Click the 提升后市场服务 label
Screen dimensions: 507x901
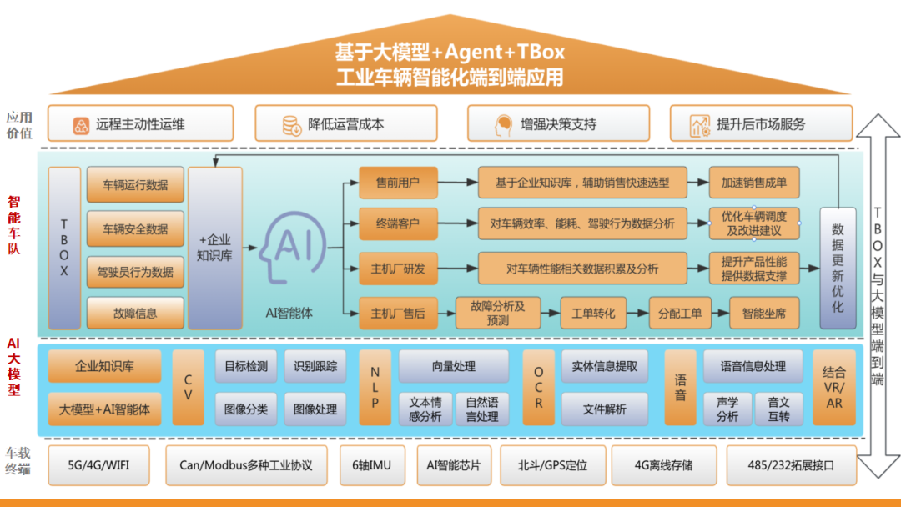tap(760, 124)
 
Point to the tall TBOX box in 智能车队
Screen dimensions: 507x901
tap(64, 248)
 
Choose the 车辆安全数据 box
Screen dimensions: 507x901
tap(134, 228)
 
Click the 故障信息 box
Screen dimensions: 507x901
tap(134, 314)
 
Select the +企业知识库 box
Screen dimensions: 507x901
tap(214, 248)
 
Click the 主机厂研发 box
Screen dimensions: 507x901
tap(398, 269)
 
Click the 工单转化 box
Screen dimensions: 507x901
tap(593, 314)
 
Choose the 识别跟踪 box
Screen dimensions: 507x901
tap(315, 366)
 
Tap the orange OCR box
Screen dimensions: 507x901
tap(538, 388)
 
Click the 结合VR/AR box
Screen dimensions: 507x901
tap(833, 388)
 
